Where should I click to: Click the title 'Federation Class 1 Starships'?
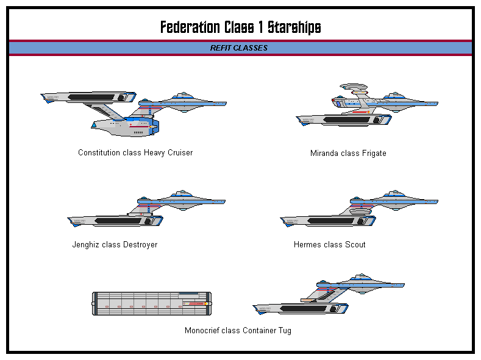coord(240,27)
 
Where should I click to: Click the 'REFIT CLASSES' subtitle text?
coord(239,48)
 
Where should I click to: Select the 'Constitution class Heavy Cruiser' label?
coord(135,153)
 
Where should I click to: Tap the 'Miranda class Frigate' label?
coord(348,154)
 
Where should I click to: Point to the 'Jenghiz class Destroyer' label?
coord(115,245)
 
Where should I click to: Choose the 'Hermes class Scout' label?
coord(330,245)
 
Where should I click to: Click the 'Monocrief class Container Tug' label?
coord(238,331)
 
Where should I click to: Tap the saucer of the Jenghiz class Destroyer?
coord(183,201)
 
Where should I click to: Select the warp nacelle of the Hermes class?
coord(326,221)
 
